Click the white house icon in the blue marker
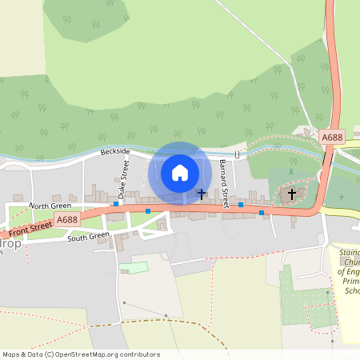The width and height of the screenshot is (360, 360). click(x=180, y=172)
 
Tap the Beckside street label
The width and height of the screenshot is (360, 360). click(x=114, y=151)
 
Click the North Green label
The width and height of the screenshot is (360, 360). click(x=50, y=206)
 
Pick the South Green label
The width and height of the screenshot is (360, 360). click(x=88, y=237)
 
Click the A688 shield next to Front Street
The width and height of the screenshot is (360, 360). click(x=67, y=219)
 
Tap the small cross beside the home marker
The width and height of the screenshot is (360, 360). click(x=201, y=194)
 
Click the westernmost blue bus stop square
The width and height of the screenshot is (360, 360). click(x=116, y=204)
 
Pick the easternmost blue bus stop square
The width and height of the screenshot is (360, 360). click(x=262, y=214)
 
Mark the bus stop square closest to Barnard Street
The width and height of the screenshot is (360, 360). click(x=240, y=206)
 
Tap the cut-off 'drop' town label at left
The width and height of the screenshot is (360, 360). click(x=8, y=241)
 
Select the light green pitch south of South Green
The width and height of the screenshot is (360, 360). click(x=134, y=267)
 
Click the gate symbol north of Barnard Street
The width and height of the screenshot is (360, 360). click(x=237, y=154)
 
